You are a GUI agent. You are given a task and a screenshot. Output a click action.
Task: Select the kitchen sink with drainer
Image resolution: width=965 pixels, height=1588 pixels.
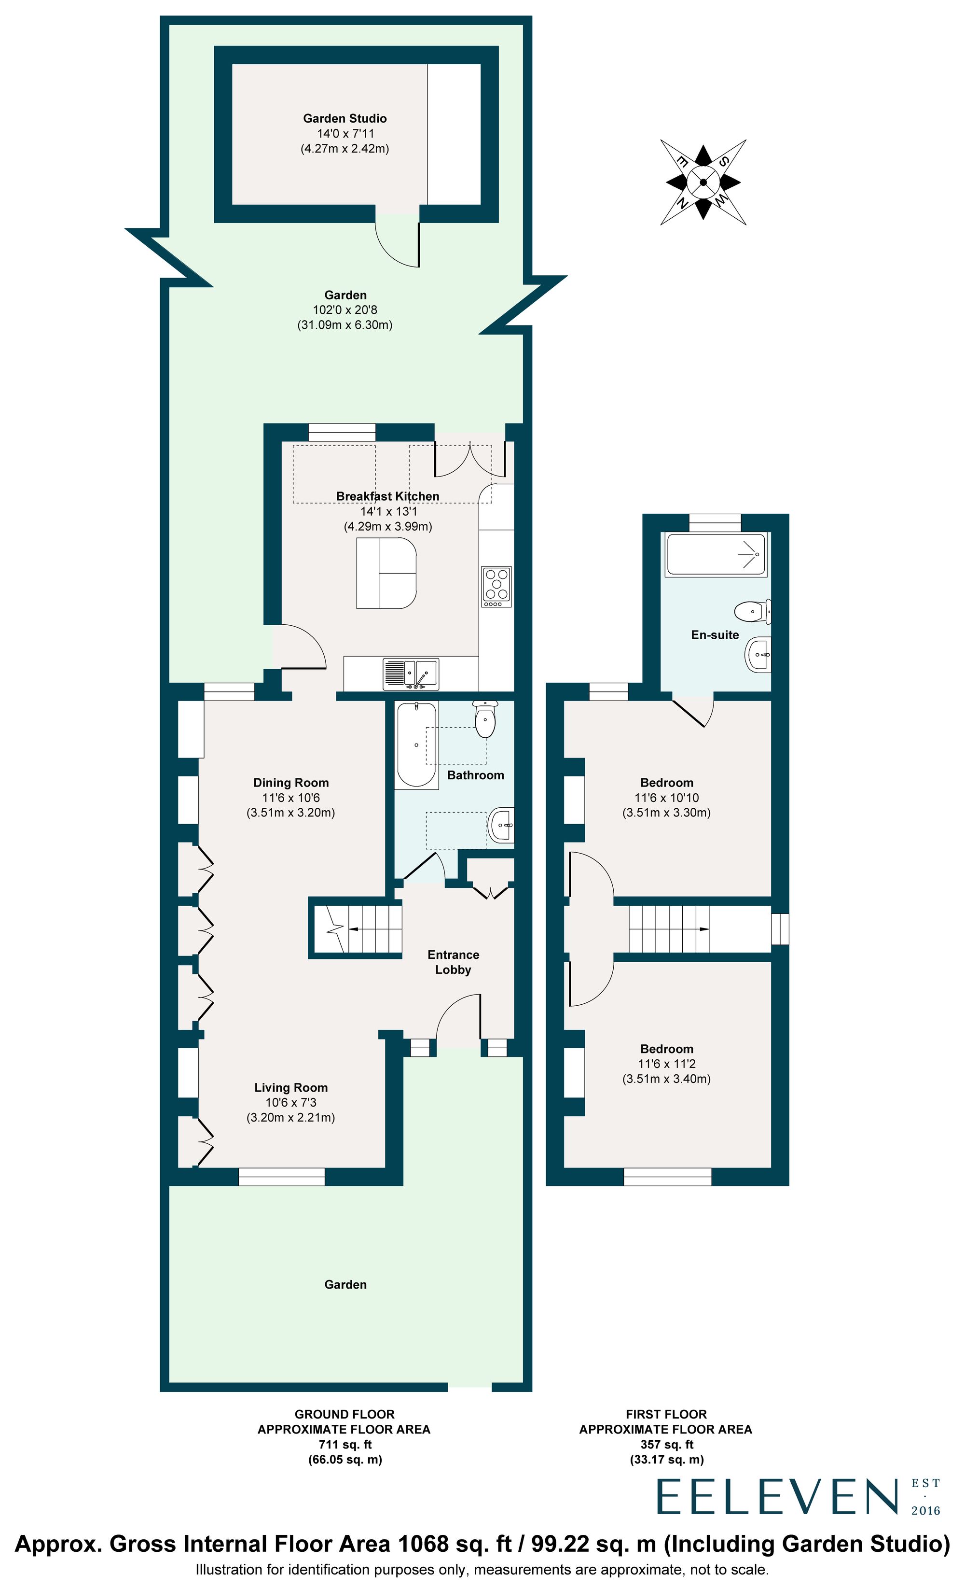coord(410,674)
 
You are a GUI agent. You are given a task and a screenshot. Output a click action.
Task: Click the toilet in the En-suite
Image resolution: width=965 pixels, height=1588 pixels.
coord(752,611)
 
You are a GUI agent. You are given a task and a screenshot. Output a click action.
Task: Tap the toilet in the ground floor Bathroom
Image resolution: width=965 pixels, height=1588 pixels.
coord(484,720)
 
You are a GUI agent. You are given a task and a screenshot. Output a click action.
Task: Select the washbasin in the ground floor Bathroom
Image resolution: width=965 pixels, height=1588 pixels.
coord(501,825)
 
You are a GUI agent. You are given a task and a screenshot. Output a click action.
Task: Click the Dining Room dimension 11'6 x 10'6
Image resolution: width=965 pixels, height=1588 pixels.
coord(290,797)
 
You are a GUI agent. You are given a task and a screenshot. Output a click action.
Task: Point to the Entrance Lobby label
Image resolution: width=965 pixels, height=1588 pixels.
coord(453,962)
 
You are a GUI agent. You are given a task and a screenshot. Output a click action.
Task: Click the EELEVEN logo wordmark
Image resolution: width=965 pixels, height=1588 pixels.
coord(777,1497)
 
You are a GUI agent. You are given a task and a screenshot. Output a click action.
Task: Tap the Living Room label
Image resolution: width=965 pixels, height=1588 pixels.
coord(290,1087)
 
